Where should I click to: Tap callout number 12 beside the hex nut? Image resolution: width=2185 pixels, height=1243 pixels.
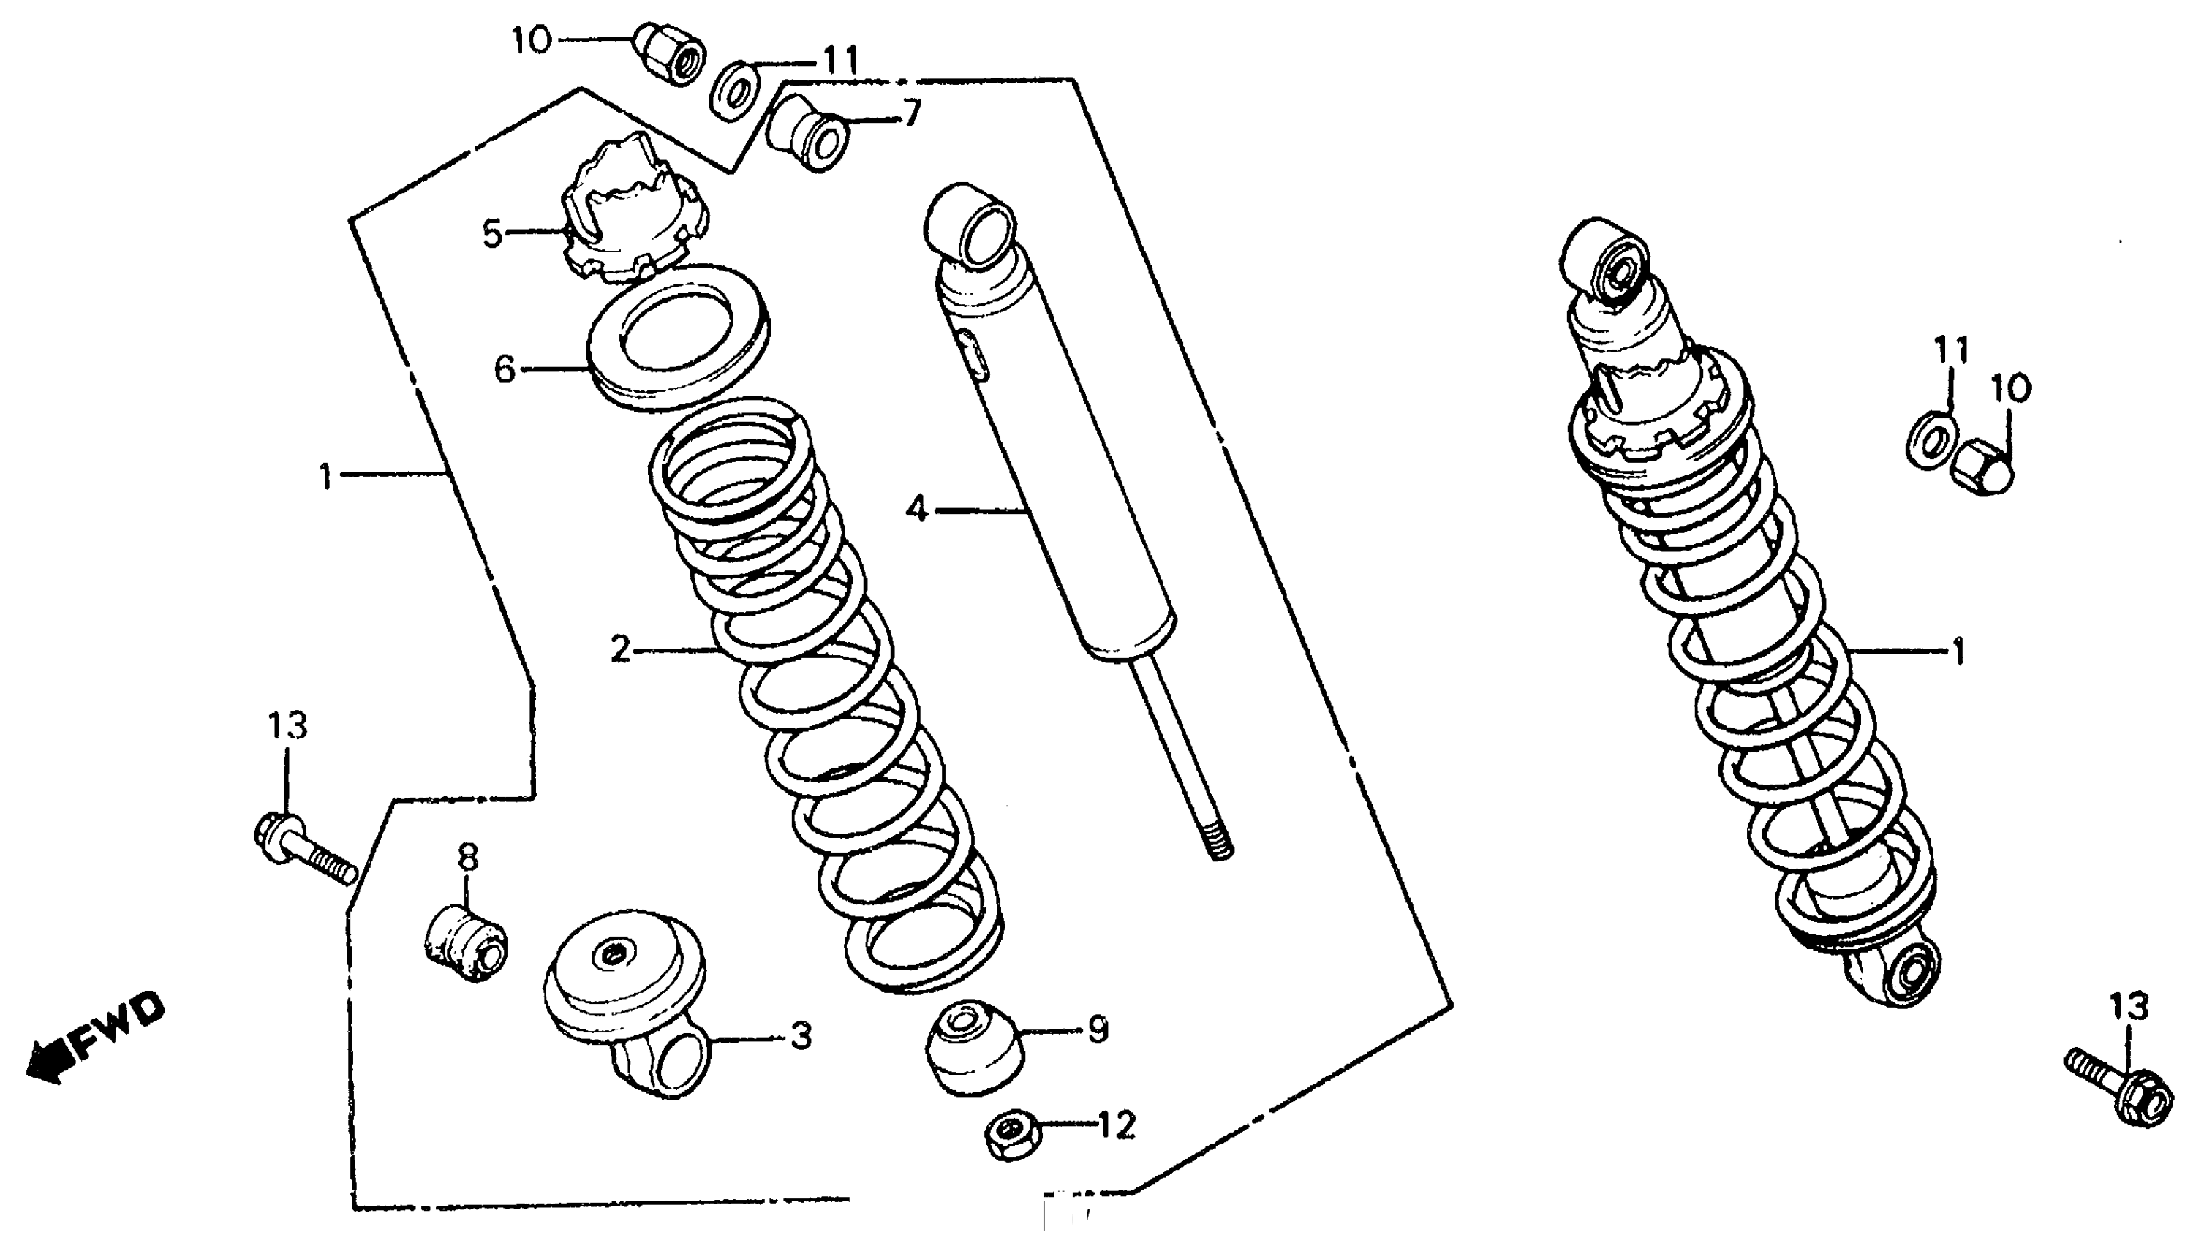1116,1125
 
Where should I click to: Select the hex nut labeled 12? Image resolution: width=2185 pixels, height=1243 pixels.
1012,1136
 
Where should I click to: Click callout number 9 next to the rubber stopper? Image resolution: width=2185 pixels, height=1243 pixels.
1098,1029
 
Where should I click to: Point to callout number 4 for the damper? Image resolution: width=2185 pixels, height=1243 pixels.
917,510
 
